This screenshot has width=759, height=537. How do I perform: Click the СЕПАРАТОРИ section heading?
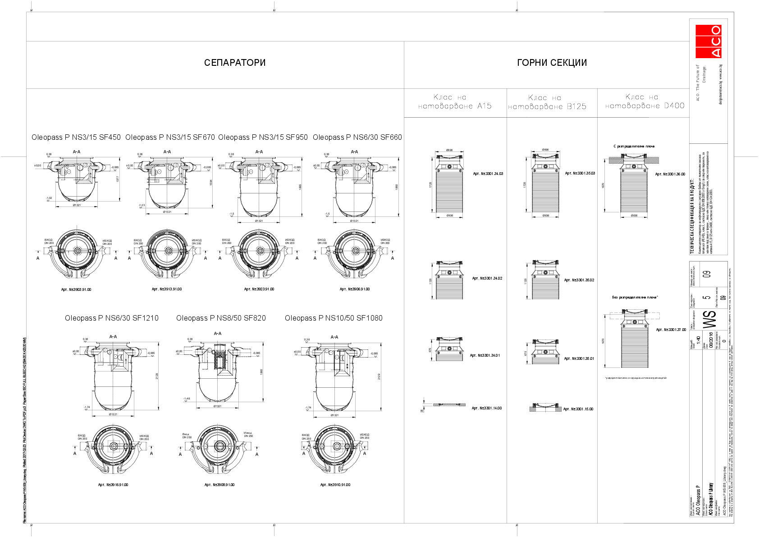pyautogui.click(x=235, y=63)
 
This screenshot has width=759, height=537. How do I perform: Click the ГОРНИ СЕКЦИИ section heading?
pyautogui.click(x=552, y=63)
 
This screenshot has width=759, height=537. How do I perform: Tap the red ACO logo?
pyautogui.click(x=708, y=41)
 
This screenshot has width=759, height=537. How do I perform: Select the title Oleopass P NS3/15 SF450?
pyautogui.click(x=76, y=137)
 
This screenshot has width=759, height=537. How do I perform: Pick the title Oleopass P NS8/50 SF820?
pyautogui.click(x=221, y=318)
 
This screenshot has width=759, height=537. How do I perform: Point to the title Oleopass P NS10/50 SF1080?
pyautogui.click(x=334, y=318)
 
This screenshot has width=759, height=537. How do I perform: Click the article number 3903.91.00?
pyautogui.click(x=76, y=289)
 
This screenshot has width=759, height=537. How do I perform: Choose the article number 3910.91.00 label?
pyautogui.click(x=335, y=485)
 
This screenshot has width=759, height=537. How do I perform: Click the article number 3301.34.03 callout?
pyautogui.click(x=488, y=174)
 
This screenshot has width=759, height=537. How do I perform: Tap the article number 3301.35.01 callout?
pyautogui.click(x=579, y=358)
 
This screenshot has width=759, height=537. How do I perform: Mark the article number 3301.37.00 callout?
pyautogui.click(x=671, y=330)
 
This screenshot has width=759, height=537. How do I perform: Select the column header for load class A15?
pyautogui.click(x=455, y=102)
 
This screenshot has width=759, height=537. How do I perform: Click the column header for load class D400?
pyautogui.click(x=644, y=102)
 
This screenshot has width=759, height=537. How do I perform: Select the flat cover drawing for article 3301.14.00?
pyautogui.click(x=449, y=405)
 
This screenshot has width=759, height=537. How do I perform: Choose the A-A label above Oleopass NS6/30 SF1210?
pyautogui.click(x=113, y=337)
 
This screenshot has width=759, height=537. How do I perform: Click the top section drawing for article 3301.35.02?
pyautogui.click(x=545, y=280)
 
